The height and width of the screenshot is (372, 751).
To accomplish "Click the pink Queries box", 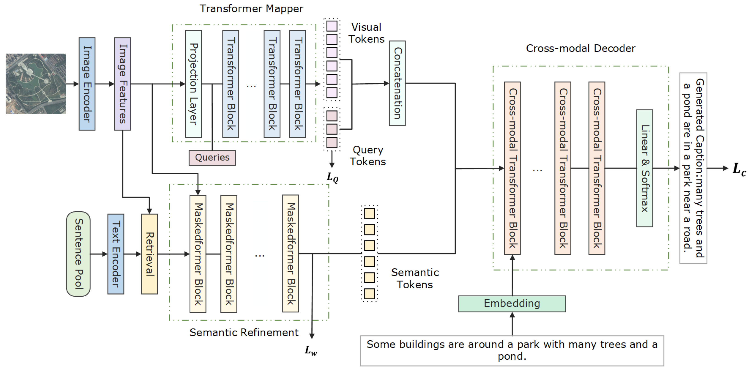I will tap(212, 158).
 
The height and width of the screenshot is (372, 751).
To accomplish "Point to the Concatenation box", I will tap(397, 83).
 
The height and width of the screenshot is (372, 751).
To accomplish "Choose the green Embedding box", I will tap(512, 304).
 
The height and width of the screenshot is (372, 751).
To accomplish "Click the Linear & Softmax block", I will tap(644, 168).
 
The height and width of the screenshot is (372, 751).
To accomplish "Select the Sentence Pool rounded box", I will tap(78, 254).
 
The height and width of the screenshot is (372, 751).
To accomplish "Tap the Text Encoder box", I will tap(116, 254).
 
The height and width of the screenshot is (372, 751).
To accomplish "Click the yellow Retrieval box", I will tap(149, 254).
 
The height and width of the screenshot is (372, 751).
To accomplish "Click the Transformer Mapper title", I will tap(251, 8).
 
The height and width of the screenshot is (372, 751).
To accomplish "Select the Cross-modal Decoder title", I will tap(581, 48).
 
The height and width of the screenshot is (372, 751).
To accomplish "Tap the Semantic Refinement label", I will tap(244, 332).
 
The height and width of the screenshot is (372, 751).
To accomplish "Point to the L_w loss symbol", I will tap(311, 350).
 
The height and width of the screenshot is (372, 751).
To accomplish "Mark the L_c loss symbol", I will tap(739, 169).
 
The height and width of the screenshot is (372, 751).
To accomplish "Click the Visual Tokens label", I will tap(367, 33).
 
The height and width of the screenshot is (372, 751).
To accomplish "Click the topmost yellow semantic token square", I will tap(369, 214).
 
